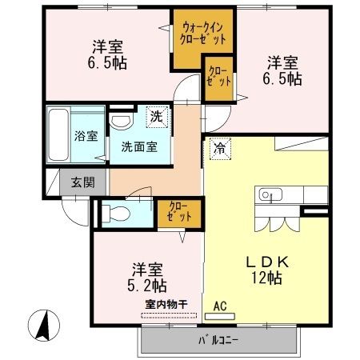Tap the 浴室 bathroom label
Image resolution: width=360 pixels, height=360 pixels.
click(x=86, y=136)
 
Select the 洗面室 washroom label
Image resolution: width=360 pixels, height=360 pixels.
click(x=139, y=148)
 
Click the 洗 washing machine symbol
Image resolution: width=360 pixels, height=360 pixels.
click(x=157, y=117)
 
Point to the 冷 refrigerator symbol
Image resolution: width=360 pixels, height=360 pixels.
click(x=218, y=148)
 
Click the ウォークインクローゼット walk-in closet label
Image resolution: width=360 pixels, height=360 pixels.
click(x=204, y=34)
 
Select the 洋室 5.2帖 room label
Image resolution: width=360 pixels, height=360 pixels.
click(x=147, y=277)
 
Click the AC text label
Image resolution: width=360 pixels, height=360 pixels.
click(x=221, y=306)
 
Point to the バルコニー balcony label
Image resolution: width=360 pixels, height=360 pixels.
click(x=218, y=341)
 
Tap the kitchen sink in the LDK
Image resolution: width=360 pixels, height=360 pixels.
click(x=267, y=194)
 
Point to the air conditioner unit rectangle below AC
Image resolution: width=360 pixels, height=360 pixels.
click(x=222, y=316)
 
